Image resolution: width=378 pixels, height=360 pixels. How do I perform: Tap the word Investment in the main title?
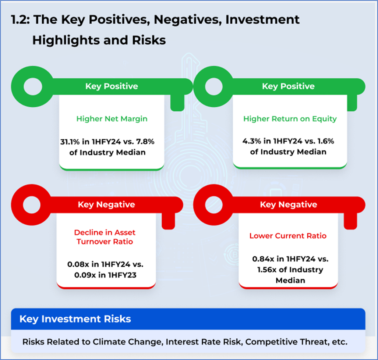pos(262,19)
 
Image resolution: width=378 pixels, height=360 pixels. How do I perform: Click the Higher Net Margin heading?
pos(112,119)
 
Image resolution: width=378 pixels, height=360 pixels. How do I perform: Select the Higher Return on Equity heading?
pos(290,119)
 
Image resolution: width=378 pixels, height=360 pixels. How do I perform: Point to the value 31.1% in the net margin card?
pos(70,142)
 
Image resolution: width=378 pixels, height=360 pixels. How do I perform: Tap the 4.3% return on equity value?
pos(251,141)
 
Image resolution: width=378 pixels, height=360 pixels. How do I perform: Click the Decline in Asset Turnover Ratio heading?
pos(105,237)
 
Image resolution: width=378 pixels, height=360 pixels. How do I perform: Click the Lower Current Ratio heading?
pos(288,236)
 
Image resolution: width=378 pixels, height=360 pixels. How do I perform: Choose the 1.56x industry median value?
pos(267,270)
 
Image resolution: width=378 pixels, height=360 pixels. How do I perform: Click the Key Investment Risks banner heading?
pos(75,319)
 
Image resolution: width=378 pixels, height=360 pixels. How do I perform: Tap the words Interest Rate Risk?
pos(203,342)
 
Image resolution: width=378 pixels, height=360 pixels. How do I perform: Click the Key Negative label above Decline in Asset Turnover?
pos(106,204)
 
